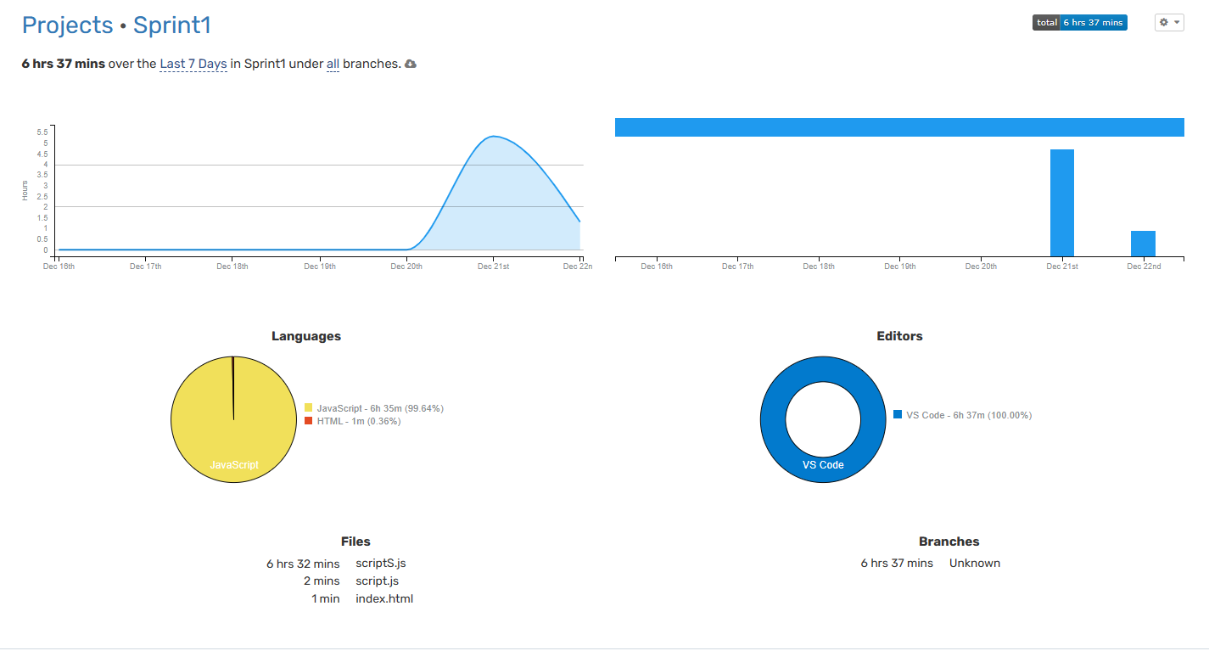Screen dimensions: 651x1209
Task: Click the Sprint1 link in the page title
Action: [171, 25]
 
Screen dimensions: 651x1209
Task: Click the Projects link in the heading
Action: [67, 25]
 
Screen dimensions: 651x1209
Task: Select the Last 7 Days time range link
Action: [193, 65]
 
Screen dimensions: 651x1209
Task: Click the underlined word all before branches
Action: [333, 65]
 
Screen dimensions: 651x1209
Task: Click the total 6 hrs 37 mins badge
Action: [1079, 23]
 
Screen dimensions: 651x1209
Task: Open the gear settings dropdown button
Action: [1168, 23]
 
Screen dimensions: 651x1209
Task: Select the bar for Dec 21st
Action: [1061, 203]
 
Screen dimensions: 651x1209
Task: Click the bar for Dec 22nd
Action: [1143, 244]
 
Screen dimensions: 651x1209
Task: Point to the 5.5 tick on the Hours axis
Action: [42, 132]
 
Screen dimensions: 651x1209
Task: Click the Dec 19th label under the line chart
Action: [319, 267]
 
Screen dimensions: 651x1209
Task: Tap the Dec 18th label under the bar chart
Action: [819, 267]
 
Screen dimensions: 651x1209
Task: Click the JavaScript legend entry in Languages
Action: [374, 408]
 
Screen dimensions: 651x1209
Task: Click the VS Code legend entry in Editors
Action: [962, 415]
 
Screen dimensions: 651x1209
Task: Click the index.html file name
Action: [384, 599]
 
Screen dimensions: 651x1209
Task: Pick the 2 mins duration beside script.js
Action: [322, 581]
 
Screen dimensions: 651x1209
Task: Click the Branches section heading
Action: [949, 542]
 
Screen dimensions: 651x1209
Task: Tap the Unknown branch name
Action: [974, 564]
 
